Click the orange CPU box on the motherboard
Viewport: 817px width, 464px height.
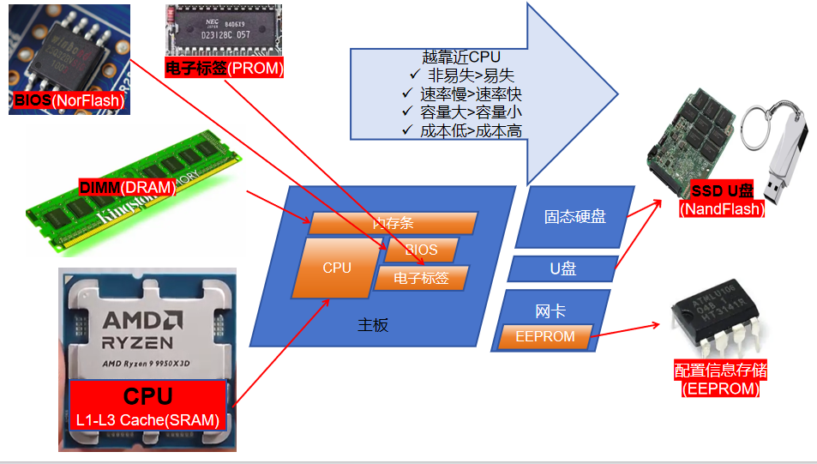(337, 268)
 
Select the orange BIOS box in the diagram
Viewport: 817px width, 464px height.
(421, 250)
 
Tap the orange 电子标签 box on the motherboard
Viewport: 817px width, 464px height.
(422, 278)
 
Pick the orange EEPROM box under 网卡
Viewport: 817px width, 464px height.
(545, 336)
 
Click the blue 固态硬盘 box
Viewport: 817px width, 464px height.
(574, 217)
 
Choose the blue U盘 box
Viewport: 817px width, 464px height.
(563, 268)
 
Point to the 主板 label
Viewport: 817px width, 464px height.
(373, 325)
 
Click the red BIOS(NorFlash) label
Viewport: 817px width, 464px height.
(69, 101)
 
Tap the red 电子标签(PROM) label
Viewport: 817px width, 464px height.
(225, 69)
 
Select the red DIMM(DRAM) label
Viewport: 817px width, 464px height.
(127, 187)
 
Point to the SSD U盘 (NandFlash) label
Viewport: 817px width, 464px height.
(722, 199)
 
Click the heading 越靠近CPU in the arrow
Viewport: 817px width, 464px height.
(461, 57)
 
